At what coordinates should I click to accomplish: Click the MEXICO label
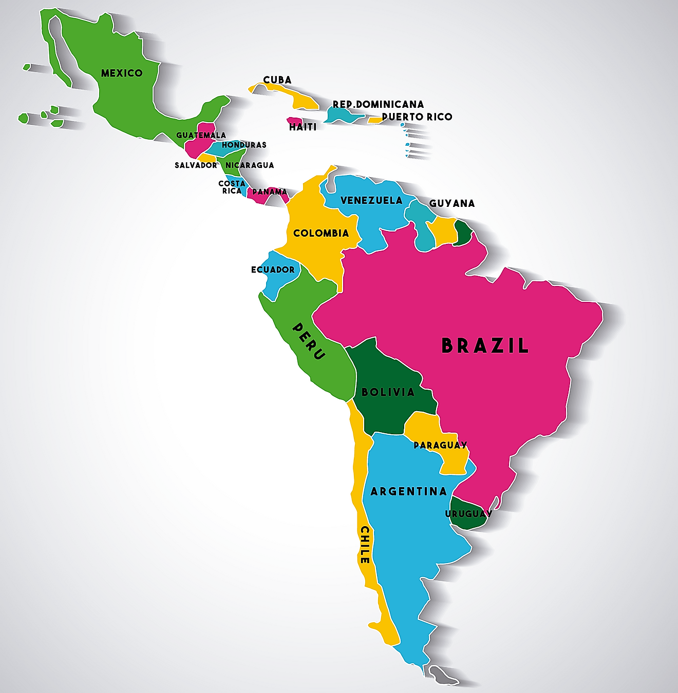pyautogui.click(x=122, y=73)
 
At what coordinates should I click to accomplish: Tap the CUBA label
pyautogui.click(x=277, y=80)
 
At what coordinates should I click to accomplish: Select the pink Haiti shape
pyautogui.click(x=294, y=121)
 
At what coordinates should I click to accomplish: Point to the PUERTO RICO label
pyautogui.click(x=417, y=117)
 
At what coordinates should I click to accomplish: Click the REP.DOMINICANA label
pyautogui.click(x=378, y=105)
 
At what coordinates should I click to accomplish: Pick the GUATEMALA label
pyautogui.click(x=201, y=136)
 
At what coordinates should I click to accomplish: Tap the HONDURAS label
pyautogui.click(x=244, y=145)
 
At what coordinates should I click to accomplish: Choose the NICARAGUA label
pyautogui.click(x=250, y=165)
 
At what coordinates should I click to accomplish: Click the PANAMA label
pyautogui.click(x=270, y=192)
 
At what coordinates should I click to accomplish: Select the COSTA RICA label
pyautogui.click(x=232, y=187)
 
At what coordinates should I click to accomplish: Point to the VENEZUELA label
pyautogui.click(x=371, y=201)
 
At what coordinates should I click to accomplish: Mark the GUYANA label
pyautogui.click(x=452, y=204)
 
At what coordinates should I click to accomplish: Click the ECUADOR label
pyautogui.click(x=273, y=270)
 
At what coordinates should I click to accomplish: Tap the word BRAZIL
pyautogui.click(x=485, y=346)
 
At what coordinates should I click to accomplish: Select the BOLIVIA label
pyautogui.click(x=388, y=393)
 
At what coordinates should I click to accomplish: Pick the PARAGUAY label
pyautogui.click(x=440, y=446)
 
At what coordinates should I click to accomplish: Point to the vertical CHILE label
pyautogui.click(x=365, y=545)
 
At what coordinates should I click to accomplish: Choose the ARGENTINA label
pyautogui.click(x=408, y=492)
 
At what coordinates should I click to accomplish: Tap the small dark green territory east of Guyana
pyautogui.click(x=463, y=233)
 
